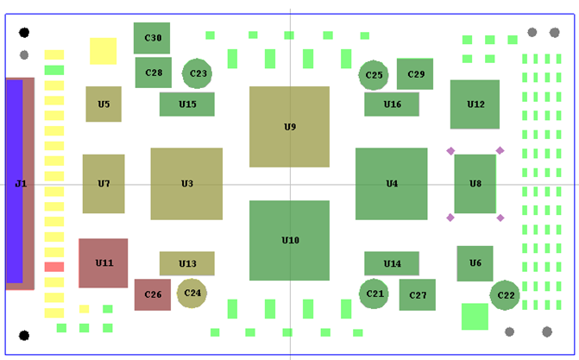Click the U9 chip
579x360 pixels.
pyautogui.click(x=289, y=126)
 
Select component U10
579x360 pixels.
pyautogui.click(x=289, y=240)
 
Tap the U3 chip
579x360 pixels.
pyautogui.click(x=186, y=183)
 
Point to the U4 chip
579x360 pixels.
pyautogui.click(x=391, y=183)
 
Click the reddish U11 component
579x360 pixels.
pyautogui.click(x=103, y=262)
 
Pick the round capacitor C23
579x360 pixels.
pyautogui.click(x=198, y=73)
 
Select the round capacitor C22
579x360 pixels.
pyautogui.click(x=505, y=295)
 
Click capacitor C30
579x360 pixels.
pyautogui.click(x=152, y=38)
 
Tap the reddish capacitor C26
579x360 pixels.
pyautogui.click(x=152, y=294)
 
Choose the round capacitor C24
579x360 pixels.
pyautogui.click(x=192, y=293)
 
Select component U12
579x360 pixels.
pyautogui.click(x=475, y=104)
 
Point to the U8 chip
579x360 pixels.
pyautogui.click(x=475, y=183)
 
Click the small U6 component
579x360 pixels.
pyautogui.click(x=475, y=262)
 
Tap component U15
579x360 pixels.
pyautogui.click(x=186, y=104)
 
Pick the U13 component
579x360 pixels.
pyautogui.click(x=186, y=263)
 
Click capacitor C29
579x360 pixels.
pyautogui.click(x=415, y=74)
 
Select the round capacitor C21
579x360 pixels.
pyautogui.click(x=374, y=294)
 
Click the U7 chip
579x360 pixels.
pyautogui.click(x=104, y=183)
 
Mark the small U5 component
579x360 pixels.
pyautogui.click(x=104, y=104)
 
